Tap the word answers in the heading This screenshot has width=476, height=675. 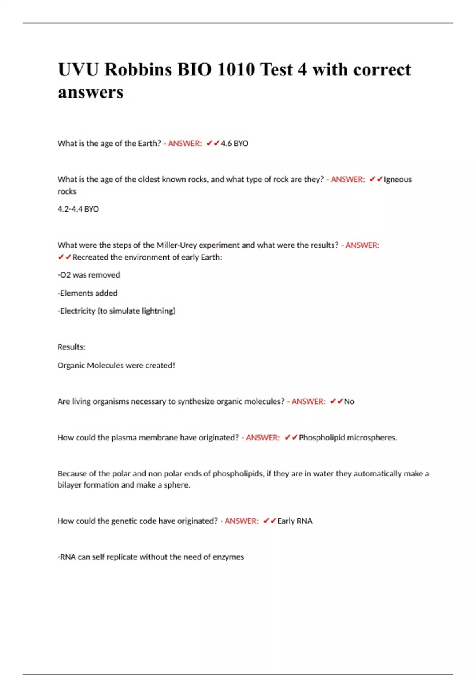pyautogui.click(x=90, y=93)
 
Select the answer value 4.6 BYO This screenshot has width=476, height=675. pyautogui.click(x=234, y=143)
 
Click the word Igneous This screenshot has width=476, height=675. pyautogui.click(x=397, y=179)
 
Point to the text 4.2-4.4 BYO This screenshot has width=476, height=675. pyautogui.click(x=78, y=209)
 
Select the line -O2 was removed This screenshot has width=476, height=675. pyautogui.click(x=89, y=275)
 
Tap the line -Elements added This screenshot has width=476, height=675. pyautogui.click(x=88, y=293)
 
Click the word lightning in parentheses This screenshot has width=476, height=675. pyautogui.click(x=157, y=311)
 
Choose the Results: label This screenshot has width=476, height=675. pyautogui.click(x=71, y=347)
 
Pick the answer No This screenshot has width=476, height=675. pyautogui.click(x=349, y=401)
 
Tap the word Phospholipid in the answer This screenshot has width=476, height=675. pyautogui.click(x=322, y=438)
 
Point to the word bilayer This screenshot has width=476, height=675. pyautogui.click(x=69, y=485)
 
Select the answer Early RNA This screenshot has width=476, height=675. pyautogui.click(x=295, y=521)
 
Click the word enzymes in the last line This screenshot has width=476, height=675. pyautogui.click(x=228, y=557)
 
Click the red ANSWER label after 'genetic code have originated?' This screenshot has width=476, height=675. pyautogui.click(x=241, y=521)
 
